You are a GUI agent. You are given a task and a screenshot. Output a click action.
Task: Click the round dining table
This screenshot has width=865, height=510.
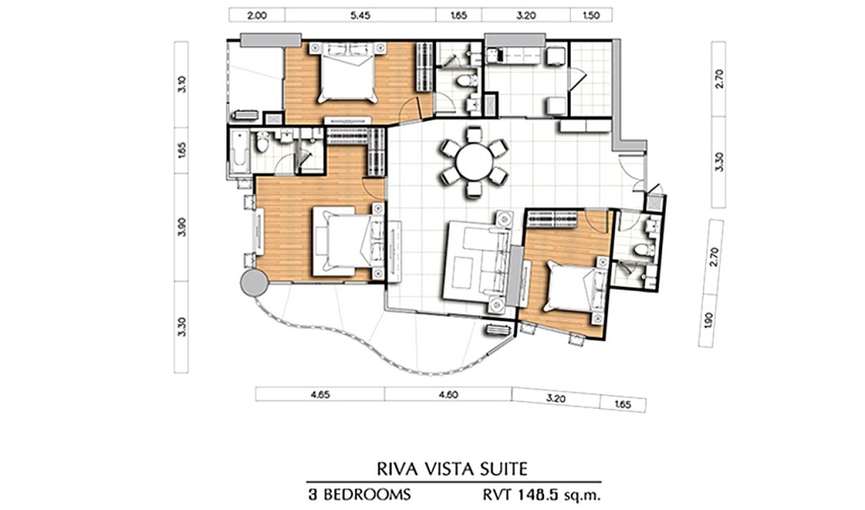tap(475, 161)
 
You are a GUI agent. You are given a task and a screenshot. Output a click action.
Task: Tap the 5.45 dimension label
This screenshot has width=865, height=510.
tap(360, 15)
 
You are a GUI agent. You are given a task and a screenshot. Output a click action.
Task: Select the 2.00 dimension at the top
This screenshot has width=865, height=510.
tap(257, 15)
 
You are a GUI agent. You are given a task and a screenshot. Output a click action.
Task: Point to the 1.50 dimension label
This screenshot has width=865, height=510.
tap(590, 15)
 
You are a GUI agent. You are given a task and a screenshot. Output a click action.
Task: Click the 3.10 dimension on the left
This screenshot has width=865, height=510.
tap(182, 84)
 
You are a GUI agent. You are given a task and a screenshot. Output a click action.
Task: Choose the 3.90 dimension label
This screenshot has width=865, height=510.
tap(182, 227)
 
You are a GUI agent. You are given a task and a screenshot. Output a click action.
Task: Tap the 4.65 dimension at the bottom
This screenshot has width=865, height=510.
tap(320, 394)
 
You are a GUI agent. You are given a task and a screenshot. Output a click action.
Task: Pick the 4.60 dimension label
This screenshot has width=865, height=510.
tap(448, 394)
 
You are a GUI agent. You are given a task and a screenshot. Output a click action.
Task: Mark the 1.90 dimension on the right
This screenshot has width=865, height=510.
tap(709, 321)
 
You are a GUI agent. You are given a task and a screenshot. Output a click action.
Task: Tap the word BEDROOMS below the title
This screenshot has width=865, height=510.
tap(367, 494)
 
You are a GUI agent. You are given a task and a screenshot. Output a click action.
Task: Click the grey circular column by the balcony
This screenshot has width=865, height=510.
tap(254, 284)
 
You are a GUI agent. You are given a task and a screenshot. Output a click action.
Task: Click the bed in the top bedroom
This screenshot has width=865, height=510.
tap(347, 73)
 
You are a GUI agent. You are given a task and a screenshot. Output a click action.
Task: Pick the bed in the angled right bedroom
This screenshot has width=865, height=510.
tap(571, 290)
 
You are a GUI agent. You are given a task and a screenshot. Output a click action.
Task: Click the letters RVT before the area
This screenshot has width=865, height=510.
tap(496, 494)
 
